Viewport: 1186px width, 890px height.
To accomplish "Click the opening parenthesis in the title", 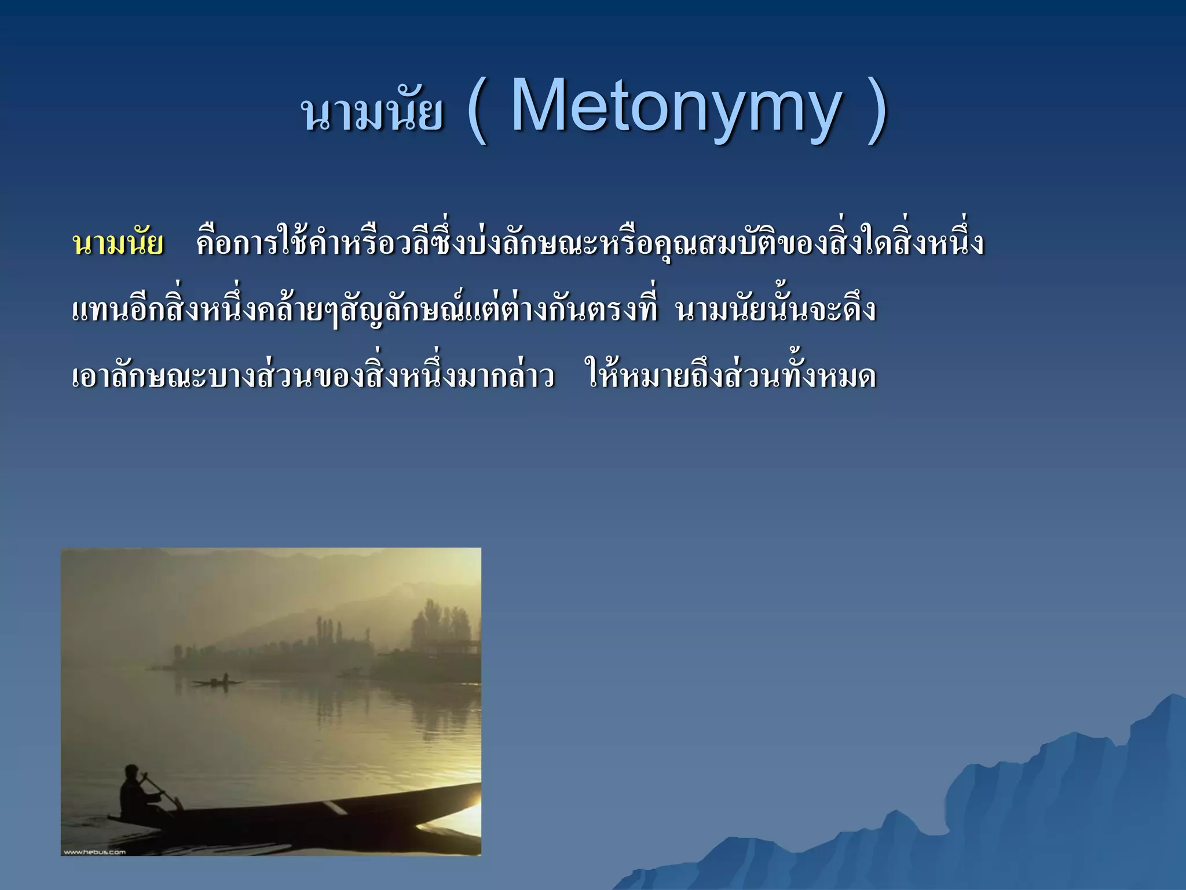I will (477, 110).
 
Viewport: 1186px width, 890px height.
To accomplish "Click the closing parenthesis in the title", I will (876, 110).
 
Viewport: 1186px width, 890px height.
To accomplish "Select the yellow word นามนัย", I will (118, 244).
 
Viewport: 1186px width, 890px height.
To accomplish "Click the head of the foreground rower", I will (132, 772).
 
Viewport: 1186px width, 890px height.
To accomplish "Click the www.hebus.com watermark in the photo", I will (94, 851).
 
